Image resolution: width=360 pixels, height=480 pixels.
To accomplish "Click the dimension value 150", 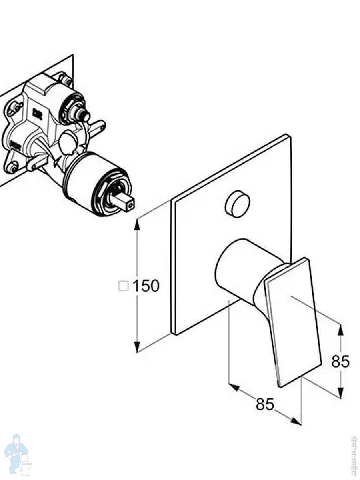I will pos(146,286).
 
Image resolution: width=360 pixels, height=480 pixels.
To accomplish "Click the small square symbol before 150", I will pos(123,286).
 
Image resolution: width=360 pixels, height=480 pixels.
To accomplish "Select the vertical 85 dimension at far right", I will pos(340,362).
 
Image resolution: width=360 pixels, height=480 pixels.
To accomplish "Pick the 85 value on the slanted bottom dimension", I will pos(265,404).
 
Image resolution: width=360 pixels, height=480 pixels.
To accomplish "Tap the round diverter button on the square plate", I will pos(238,204).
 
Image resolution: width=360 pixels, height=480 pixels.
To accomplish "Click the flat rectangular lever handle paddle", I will pos(294,322).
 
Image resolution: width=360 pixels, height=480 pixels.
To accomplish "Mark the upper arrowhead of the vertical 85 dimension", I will pos(340,330).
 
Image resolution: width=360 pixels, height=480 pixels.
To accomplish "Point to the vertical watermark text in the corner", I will pos(353,456).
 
